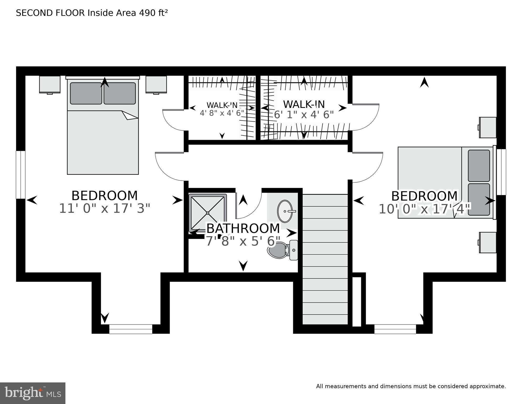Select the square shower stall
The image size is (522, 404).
(x=208, y=213)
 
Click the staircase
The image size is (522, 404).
(x=325, y=259)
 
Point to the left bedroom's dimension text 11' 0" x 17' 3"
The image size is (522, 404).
(x=105, y=209)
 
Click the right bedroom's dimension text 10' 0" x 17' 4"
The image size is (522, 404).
(x=424, y=210)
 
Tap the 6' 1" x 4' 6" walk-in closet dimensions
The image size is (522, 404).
(x=304, y=115)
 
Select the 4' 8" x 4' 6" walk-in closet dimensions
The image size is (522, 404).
(x=222, y=113)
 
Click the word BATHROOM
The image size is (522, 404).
(x=243, y=228)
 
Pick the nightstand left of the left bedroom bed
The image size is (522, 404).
(x=50, y=84)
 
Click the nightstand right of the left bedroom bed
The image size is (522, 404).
(x=156, y=84)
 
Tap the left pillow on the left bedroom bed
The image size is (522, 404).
(x=86, y=93)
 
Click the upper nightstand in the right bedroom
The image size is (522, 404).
(x=488, y=127)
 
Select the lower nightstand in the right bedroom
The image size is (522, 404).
(x=488, y=242)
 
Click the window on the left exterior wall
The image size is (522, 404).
(x=20, y=175)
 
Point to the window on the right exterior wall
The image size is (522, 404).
(x=501, y=172)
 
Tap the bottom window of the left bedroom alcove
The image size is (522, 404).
(x=131, y=329)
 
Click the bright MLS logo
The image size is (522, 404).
(x=33, y=393)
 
